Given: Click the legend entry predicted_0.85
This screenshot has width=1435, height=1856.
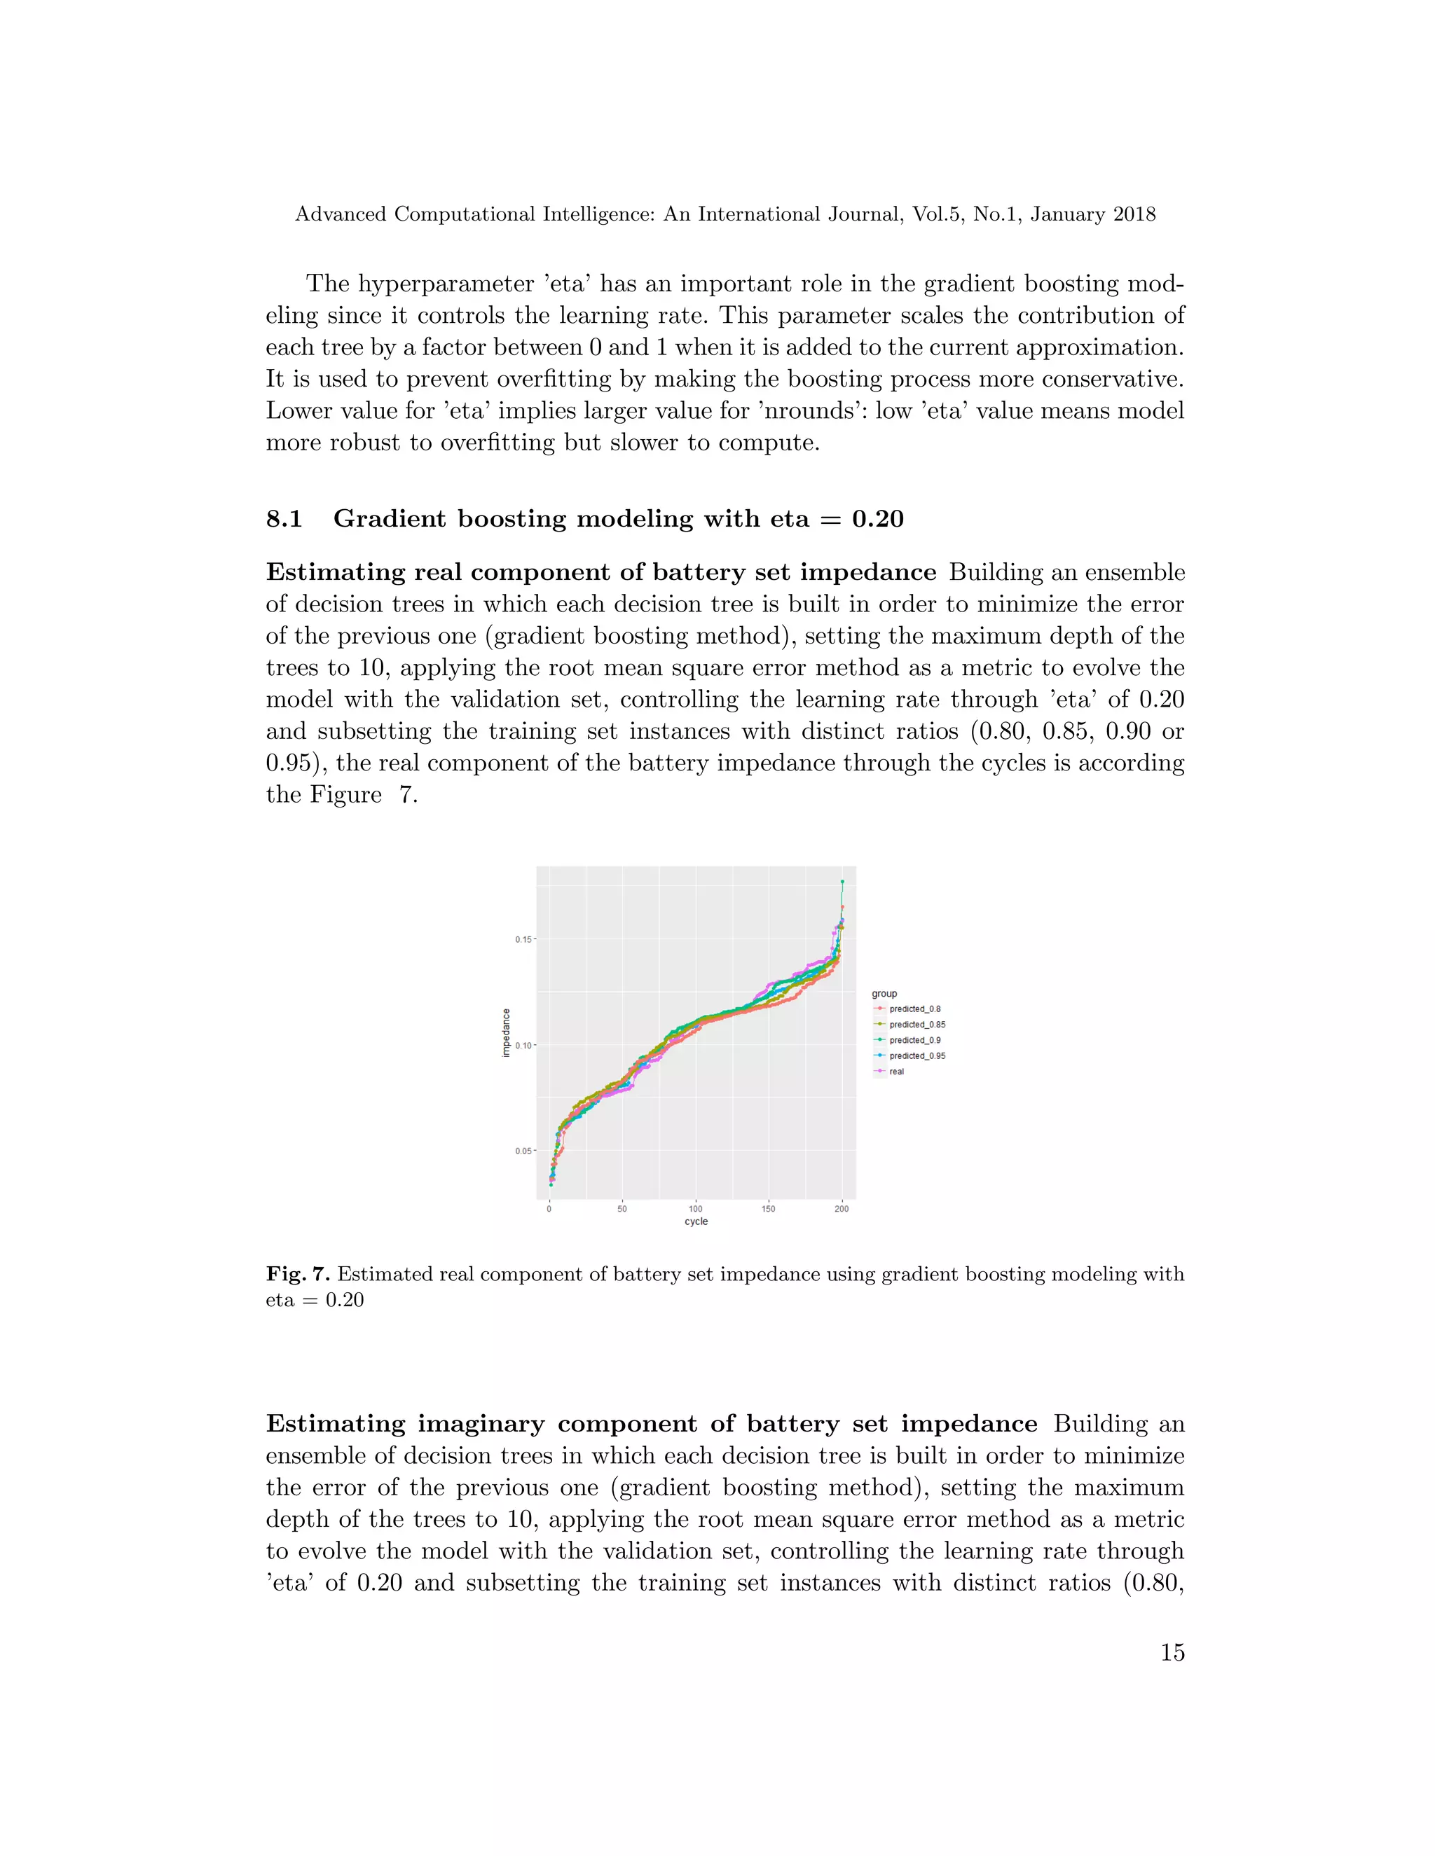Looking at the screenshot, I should click(916, 1025).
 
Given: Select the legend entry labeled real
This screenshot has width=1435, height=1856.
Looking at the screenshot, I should click(896, 1072).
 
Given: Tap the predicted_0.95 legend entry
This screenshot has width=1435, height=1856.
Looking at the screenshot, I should click(916, 1056).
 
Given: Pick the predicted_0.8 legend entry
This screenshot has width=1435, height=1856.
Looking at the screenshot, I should click(914, 1009).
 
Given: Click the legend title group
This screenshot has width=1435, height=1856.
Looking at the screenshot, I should click(884, 993).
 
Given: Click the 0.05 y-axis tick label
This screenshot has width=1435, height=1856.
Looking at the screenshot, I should click(523, 1151).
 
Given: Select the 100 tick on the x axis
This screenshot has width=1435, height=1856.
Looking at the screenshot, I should click(695, 1208).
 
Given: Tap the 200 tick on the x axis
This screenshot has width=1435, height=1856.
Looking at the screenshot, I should click(842, 1208).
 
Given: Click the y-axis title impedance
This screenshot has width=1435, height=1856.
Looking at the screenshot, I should click(507, 1032).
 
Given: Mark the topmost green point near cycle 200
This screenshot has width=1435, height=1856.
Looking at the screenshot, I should click(842, 882).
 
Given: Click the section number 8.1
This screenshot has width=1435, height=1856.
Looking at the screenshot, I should click(284, 518).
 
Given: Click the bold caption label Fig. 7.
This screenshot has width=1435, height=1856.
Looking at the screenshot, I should click(298, 1274).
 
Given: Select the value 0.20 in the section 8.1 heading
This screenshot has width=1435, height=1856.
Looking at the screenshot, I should click(877, 518).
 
